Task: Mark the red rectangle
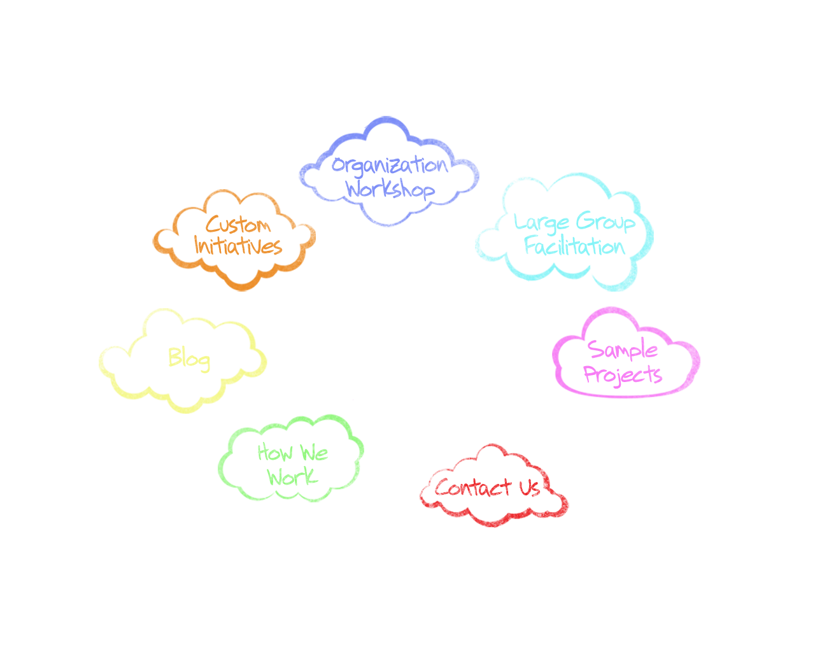click(493, 471)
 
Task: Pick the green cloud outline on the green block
click(222, 468)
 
